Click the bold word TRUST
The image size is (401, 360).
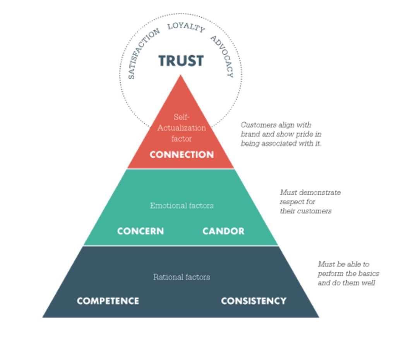(181, 61)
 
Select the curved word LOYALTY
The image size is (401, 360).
(186, 27)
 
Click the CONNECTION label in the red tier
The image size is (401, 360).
(182, 155)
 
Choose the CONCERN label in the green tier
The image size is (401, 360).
(141, 231)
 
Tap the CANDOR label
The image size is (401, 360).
(223, 231)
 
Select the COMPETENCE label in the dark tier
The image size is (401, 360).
(108, 301)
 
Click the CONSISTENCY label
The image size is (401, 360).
(254, 301)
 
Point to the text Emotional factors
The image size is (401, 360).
(182, 206)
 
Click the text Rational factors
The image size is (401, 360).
(182, 277)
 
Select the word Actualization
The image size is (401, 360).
(182, 128)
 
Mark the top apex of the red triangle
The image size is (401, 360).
(181, 75)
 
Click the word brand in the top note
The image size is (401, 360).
(250, 135)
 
